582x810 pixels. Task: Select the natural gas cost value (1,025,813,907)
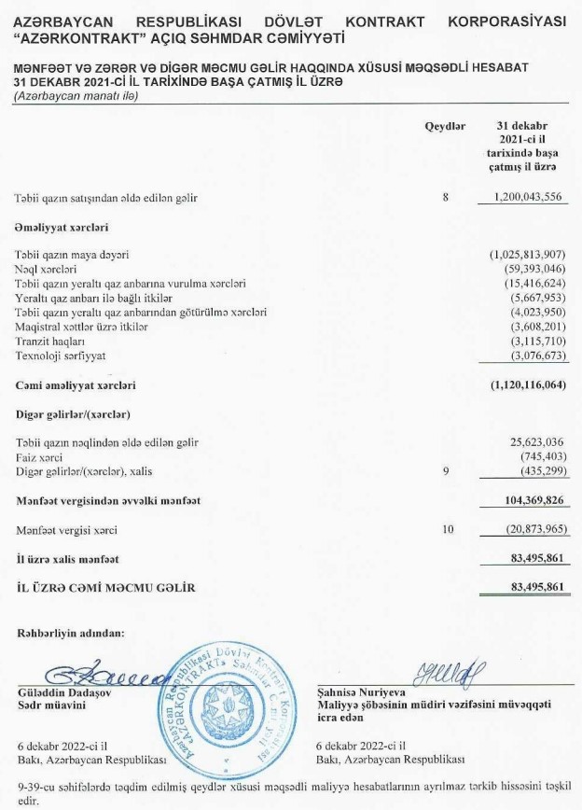(x=528, y=254)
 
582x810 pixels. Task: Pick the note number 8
(x=446, y=198)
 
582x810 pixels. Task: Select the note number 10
(x=447, y=530)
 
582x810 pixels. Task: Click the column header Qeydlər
(x=445, y=126)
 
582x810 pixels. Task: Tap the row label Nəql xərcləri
(x=46, y=269)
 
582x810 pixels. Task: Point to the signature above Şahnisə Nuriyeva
(x=454, y=672)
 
